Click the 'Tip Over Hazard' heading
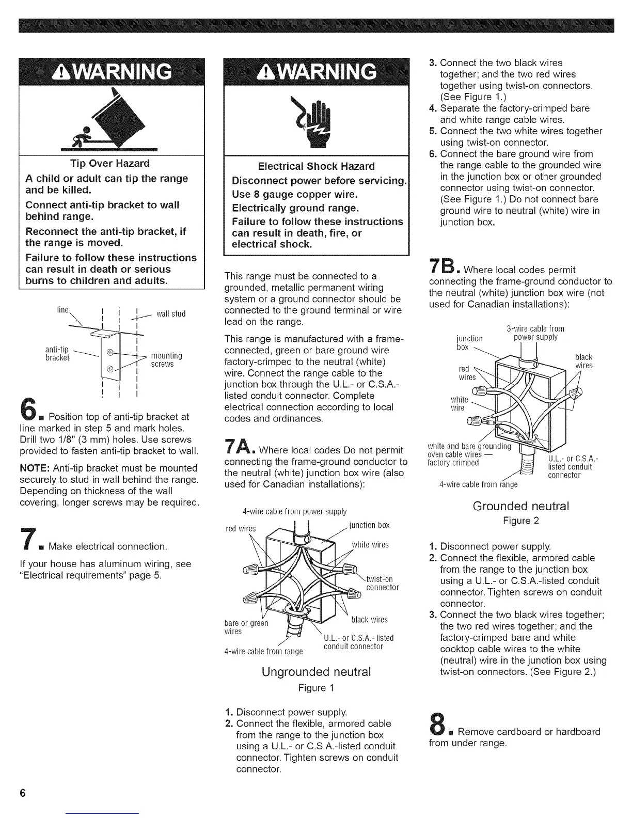tap(110, 164)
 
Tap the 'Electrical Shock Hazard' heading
tap(316, 166)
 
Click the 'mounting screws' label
tap(166, 360)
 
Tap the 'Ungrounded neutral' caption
tap(316, 672)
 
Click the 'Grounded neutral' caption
tap(520, 506)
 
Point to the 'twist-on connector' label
tap(382, 583)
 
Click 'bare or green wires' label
tap(246, 627)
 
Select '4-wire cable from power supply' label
tap(294, 512)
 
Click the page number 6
tap(22, 793)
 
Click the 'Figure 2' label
tap(520, 521)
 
